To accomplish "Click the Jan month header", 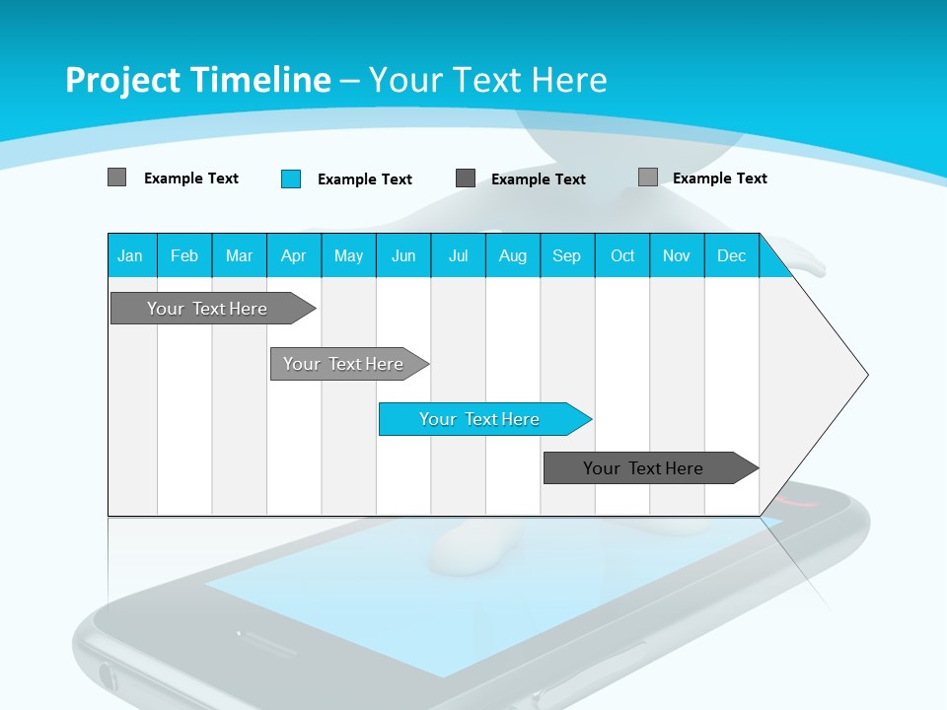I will pos(130,255).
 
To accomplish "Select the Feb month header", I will pos(184,255).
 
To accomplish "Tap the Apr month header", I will pos(294,255).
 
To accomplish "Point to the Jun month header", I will pos(403,255).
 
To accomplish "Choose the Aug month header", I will pos(513,255).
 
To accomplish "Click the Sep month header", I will pos(567,255).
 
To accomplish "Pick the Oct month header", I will pos(622,255).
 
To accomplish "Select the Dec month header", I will pos(732,255).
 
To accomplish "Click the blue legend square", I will pos(291,178).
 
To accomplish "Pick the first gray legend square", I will pos(116,177).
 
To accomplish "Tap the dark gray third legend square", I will pos(466,178).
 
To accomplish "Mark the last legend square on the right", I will pos(648,177).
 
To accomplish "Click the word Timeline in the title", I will pos(259,80).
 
